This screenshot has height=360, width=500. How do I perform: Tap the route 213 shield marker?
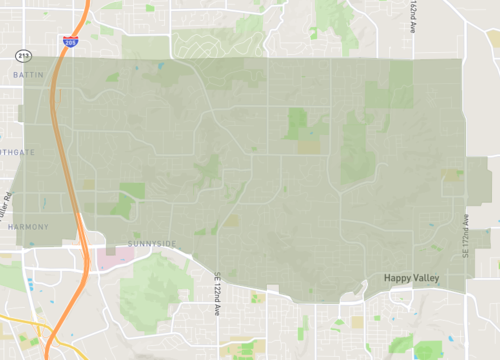pyautogui.click(x=24, y=55)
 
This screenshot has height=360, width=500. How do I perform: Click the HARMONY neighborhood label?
pyautogui.click(x=27, y=227)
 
